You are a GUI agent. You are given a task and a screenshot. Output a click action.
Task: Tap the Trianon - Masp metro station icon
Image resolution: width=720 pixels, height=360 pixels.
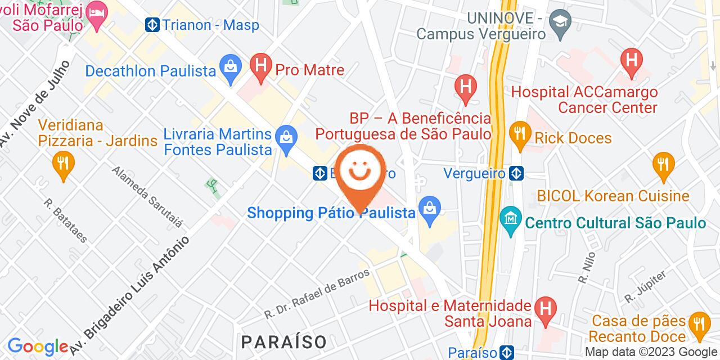152,25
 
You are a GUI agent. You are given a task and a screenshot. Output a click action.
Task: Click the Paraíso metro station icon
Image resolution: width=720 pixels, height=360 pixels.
507,353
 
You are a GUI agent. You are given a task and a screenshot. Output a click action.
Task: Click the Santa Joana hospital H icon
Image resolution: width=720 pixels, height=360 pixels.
544,307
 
